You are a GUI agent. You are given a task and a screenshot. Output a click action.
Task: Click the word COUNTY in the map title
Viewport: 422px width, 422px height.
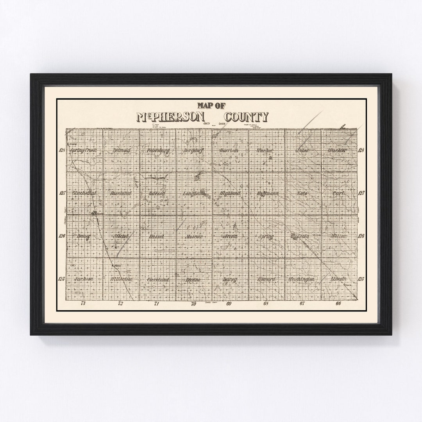[x=246, y=117]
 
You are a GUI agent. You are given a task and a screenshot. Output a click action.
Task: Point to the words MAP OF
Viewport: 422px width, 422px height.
[x=211, y=105]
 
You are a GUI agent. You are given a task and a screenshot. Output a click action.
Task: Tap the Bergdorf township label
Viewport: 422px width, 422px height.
[x=194, y=150]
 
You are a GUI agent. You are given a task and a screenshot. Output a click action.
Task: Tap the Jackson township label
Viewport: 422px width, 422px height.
[x=84, y=279]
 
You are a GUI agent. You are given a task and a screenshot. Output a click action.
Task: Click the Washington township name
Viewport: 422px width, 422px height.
[x=302, y=279]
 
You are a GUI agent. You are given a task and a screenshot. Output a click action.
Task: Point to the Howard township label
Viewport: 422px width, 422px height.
[x=266, y=279]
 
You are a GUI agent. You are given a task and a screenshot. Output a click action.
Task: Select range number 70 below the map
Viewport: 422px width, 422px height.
[x=193, y=304]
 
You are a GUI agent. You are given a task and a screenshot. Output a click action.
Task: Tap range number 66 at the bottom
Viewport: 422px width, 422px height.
[x=338, y=304]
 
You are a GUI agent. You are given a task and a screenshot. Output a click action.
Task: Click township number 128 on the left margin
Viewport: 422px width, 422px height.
[x=62, y=150]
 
